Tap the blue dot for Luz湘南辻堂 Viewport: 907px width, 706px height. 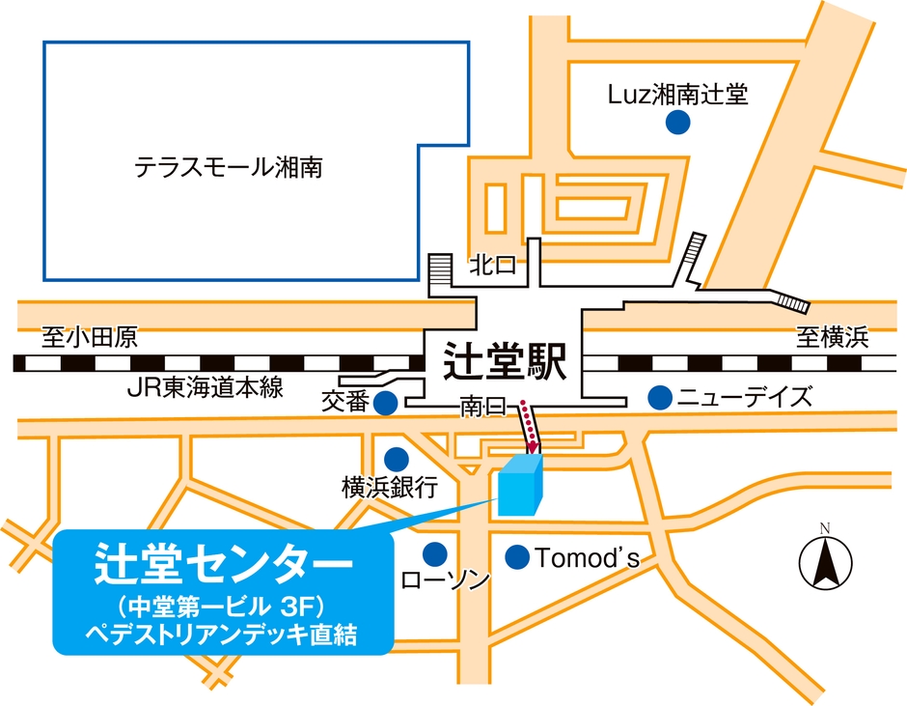(678, 123)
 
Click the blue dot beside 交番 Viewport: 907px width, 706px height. (386, 402)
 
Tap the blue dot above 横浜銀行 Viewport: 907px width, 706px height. (396, 458)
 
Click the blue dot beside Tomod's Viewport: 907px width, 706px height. (517, 556)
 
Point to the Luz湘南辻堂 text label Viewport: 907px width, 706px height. (678, 94)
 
